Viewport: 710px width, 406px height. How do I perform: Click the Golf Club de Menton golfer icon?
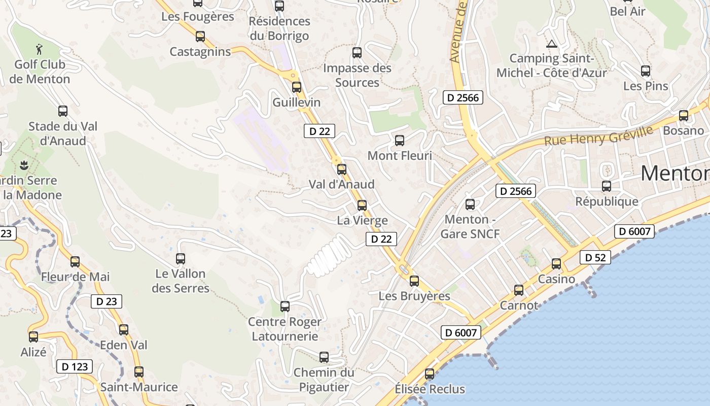pos(40,49)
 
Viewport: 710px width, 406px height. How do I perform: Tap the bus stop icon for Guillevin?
pos(297,87)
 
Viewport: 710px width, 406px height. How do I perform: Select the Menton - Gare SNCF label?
pos(470,226)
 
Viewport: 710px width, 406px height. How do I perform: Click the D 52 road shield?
pos(595,257)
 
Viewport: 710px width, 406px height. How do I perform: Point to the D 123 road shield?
pos(75,366)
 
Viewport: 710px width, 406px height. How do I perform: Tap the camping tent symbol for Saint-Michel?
pos(551,44)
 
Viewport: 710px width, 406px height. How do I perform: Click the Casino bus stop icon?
pos(556,264)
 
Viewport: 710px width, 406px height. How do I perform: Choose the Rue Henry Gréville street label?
pos(598,136)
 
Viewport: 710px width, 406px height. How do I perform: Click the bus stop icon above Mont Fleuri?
pos(400,141)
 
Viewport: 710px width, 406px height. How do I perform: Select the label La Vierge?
pos(362,220)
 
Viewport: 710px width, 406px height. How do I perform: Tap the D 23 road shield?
pos(106,301)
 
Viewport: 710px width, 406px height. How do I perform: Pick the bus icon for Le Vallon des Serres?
pos(180,258)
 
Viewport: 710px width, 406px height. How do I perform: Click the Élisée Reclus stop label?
pos(430,389)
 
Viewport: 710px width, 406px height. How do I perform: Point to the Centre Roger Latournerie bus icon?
pos(285,307)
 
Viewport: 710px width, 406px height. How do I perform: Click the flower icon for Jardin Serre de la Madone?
pos(23,165)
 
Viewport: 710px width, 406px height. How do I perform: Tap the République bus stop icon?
pos(607,186)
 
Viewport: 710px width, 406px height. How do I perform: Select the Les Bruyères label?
pos(414,296)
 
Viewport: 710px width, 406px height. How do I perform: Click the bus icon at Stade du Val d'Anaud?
pos(63,111)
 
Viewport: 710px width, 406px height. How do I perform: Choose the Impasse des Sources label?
pos(357,75)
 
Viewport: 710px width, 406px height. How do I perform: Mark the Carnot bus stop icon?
pos(519,290)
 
